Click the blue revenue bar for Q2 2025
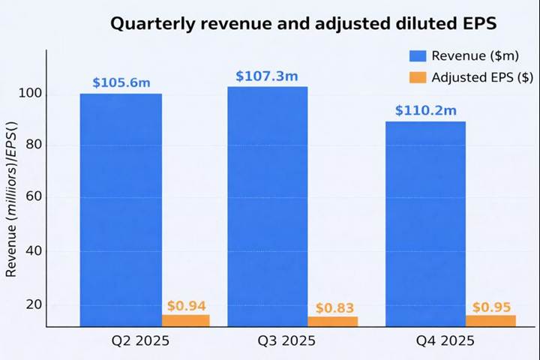121,210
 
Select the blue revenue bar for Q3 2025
268,206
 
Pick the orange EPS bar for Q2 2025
186,320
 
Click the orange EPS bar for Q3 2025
333,322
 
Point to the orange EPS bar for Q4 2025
490,321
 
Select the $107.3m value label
266,76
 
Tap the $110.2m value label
426,111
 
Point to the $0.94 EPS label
186,306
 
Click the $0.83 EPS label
334,308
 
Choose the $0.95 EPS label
491,307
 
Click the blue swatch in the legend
418,55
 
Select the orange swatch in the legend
418,77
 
